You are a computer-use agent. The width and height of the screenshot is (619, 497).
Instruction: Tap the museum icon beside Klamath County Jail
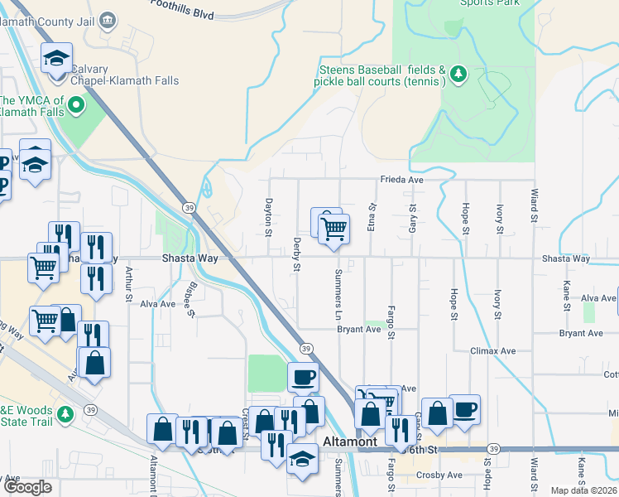tap(108, 19)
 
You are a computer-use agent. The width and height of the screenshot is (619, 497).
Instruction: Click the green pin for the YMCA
tap(76, 105)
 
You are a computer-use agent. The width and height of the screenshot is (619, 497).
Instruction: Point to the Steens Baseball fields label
tap(381, 75)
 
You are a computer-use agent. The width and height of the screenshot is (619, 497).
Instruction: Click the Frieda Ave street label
tap(401, 179)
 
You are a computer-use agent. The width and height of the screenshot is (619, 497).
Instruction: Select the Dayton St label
tap(268, 215)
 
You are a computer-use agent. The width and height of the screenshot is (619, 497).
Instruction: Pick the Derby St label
tap(296, 255)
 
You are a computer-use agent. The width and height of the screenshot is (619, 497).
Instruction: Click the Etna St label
tap(372, 217)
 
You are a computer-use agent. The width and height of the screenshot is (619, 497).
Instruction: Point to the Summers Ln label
tap(338, 295)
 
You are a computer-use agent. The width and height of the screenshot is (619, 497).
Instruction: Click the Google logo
tap(27, 487)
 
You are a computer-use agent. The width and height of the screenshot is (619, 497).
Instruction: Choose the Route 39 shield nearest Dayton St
tap(190, 206)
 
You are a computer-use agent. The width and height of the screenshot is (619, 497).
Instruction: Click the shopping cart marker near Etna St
tap(333, 228)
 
